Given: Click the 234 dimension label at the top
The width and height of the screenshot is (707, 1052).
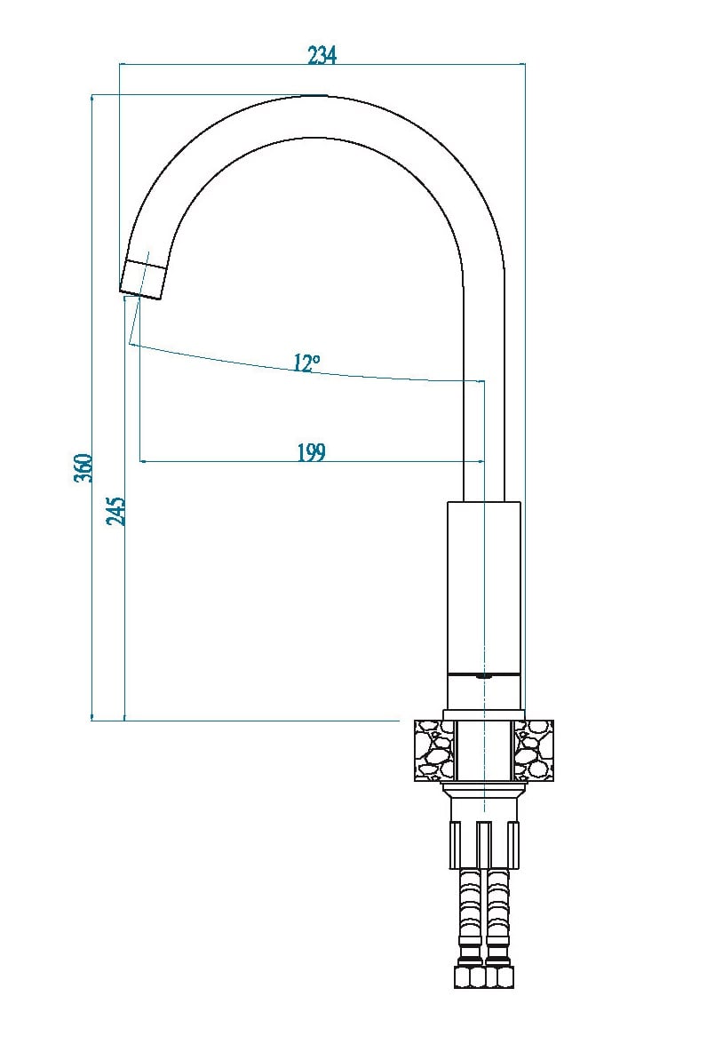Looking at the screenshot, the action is coord(322,55).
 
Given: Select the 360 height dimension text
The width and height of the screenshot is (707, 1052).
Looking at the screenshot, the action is coord(83,467).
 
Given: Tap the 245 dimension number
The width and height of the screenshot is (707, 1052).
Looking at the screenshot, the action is coord(116,511).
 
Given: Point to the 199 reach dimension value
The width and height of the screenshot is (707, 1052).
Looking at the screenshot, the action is coord(311,453).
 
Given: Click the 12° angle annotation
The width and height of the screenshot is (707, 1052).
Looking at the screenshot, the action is coord(306,363).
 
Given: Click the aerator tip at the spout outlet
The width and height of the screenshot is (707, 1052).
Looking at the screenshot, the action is coord(143,279).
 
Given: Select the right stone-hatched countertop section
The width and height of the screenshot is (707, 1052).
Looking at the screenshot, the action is coord(534,750).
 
